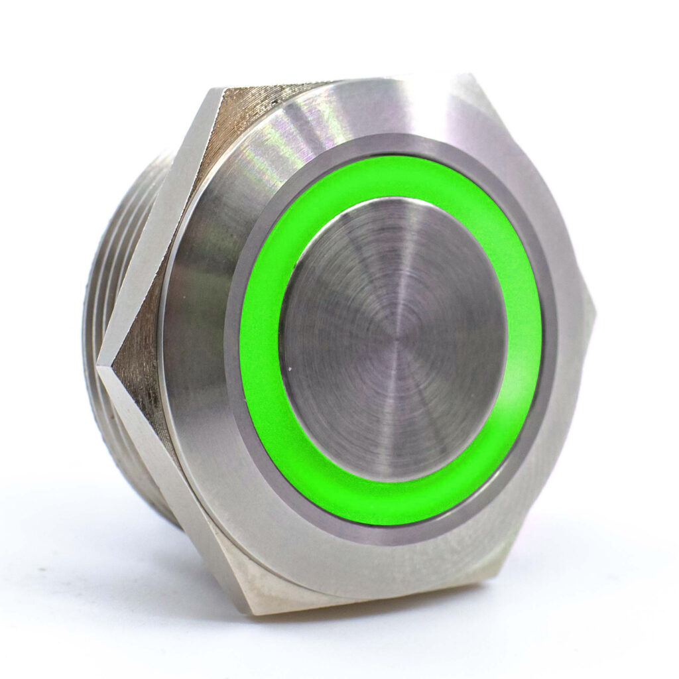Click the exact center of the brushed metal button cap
point(393,338)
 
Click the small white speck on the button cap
point(286,364)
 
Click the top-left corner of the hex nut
point(219,90)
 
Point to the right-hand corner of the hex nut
point(593,318)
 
